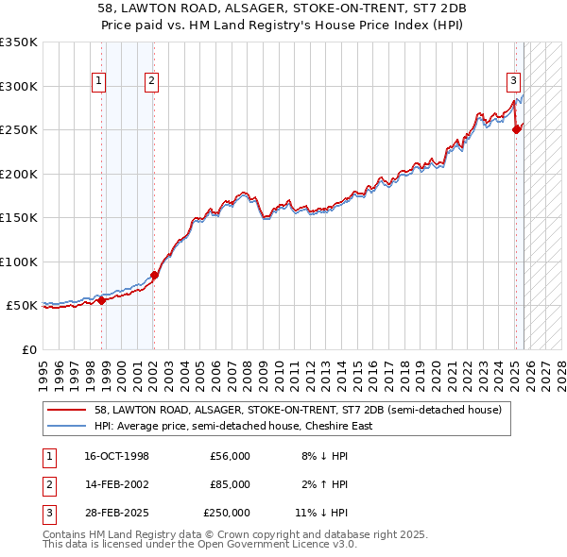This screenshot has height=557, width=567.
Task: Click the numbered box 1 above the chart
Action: [x=98, y=81]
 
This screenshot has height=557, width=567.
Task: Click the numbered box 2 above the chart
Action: [x=151, y=81]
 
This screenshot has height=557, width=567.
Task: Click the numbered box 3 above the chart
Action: [x=513, y=81]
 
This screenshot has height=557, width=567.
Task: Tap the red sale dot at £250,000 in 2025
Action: [x=517, y=130]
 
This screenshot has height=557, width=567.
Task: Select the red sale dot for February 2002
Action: [x=154, y=275]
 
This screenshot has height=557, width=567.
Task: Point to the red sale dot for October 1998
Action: [x=102, y=300]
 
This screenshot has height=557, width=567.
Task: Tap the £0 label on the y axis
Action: [x=28, y=349]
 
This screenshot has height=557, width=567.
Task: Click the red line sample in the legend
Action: [x=68, y=410]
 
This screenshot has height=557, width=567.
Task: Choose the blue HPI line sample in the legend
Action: [x=68, y=426]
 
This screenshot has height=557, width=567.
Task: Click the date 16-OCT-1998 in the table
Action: [x=116, y=456]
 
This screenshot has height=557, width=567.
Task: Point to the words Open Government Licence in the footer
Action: [x=285, y=545]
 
